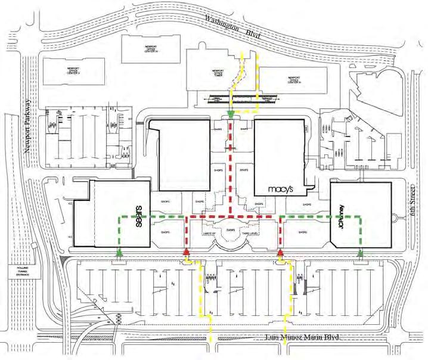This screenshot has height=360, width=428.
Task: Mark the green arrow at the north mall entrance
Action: coord(230,113)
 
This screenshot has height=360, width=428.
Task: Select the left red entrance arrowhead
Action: coord(187,252)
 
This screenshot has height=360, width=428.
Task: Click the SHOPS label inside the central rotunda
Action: coord(230,229)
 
